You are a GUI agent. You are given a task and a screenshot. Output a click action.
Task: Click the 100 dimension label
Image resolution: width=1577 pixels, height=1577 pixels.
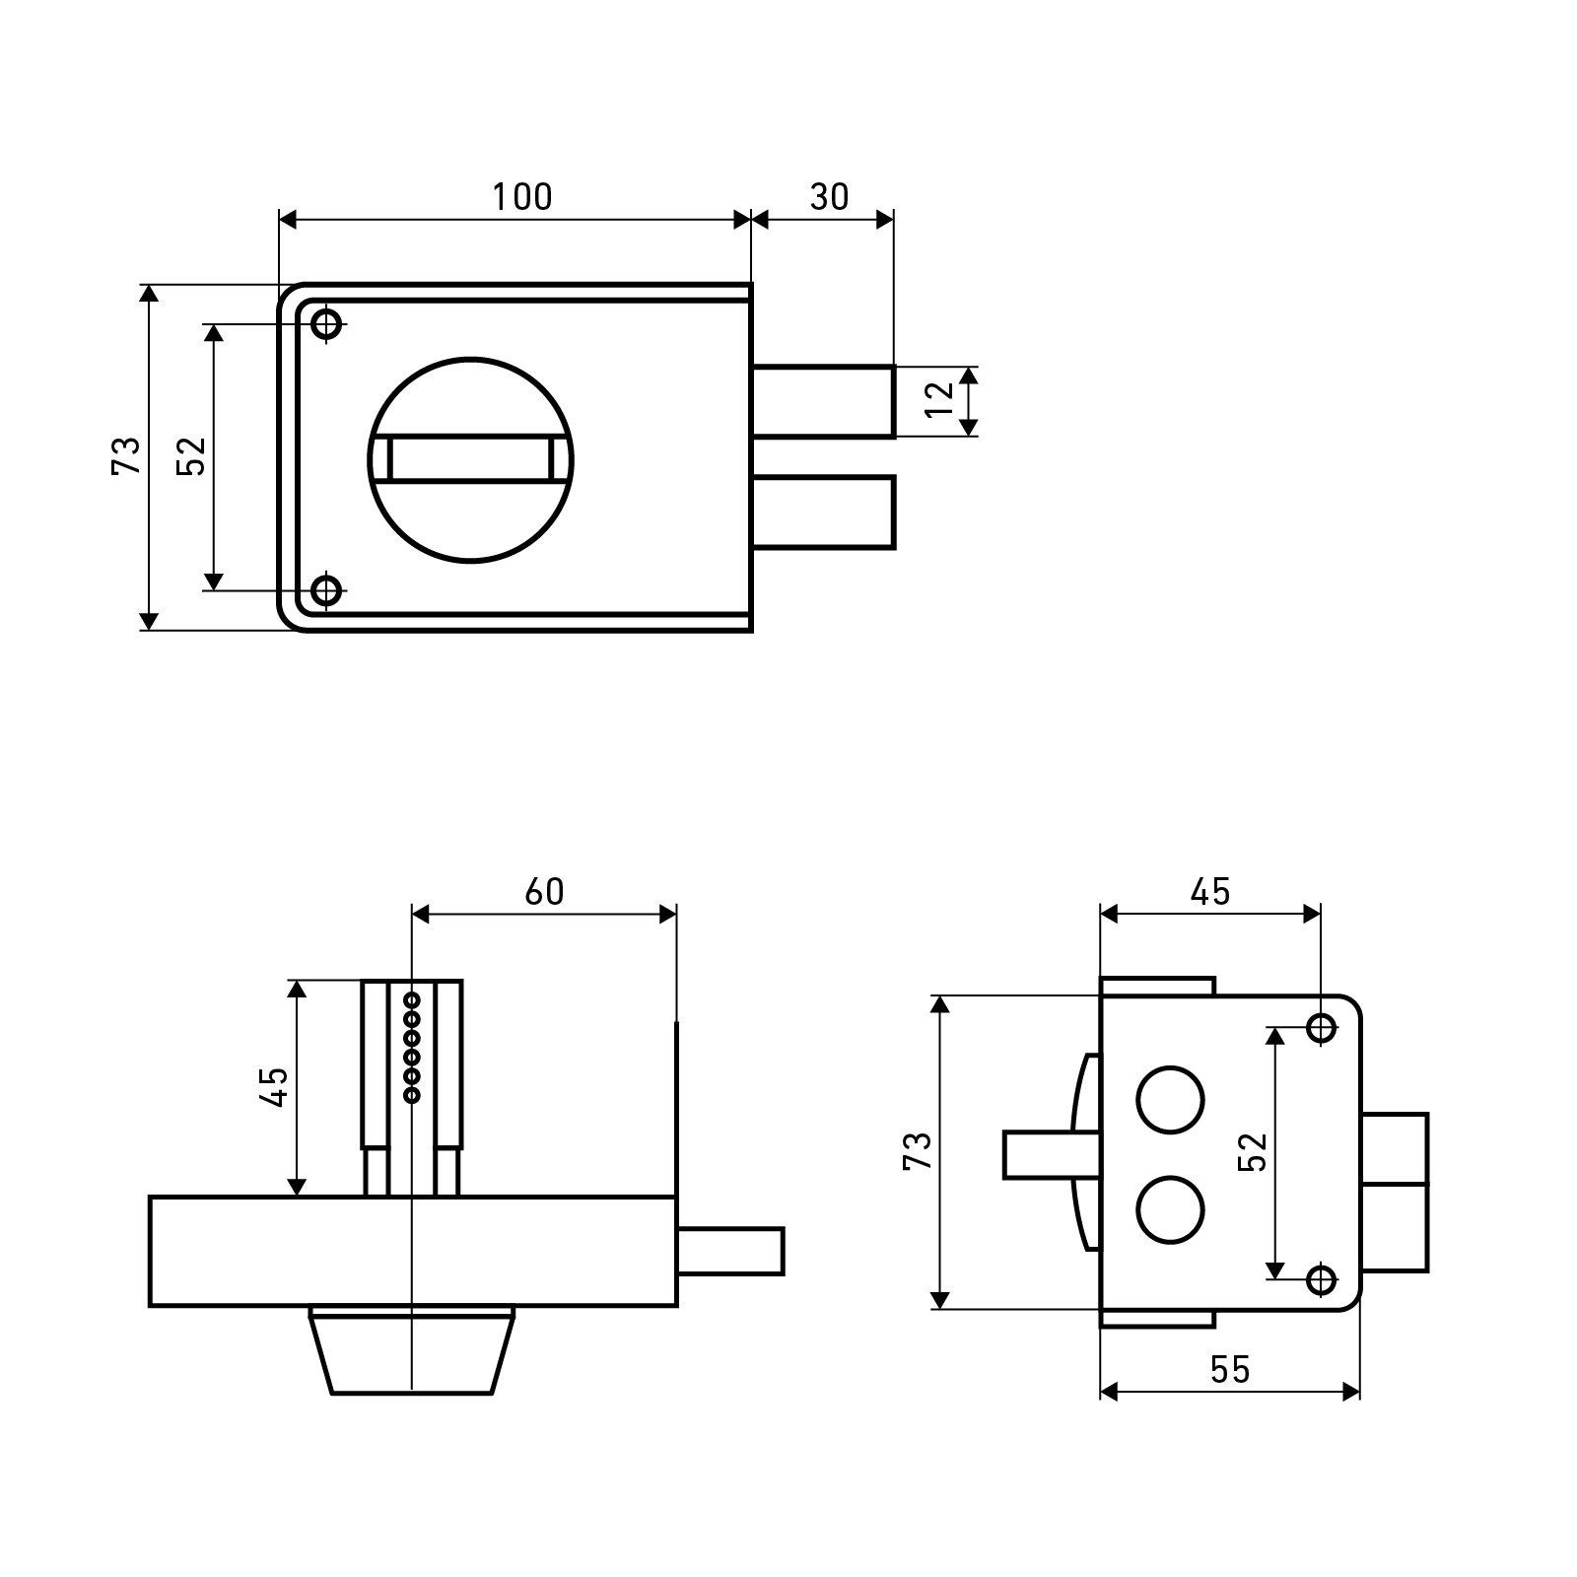pos(522,197)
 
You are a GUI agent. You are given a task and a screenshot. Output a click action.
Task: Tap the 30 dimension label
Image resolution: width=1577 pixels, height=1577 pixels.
pos(829,197)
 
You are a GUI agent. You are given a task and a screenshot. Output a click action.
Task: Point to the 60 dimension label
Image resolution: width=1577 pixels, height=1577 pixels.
pos(544,891)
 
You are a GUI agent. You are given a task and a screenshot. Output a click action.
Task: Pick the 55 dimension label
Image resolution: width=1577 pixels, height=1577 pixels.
pos(1230,1369)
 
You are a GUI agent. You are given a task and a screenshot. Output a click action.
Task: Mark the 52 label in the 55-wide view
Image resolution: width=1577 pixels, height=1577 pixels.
pos(1251,1152)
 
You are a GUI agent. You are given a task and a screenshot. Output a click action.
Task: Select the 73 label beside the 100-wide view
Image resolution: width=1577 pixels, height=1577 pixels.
pos(126,455)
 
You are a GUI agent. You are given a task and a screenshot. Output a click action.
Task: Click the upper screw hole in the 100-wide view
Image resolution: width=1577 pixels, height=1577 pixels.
pos(326,323)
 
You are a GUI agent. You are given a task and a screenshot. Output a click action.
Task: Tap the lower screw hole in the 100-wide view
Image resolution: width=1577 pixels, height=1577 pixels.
pos(326,591)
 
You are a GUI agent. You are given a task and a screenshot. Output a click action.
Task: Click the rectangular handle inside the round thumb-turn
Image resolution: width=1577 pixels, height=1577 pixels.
pos(471,460)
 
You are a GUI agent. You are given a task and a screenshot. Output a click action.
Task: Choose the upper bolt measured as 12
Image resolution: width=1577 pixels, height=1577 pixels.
pos(824,401)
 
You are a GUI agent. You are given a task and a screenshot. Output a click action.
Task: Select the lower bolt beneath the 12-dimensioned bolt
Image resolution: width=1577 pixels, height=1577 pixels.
pos(824,512)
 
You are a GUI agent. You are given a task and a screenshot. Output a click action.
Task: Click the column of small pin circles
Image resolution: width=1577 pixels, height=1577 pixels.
pos(412,1047)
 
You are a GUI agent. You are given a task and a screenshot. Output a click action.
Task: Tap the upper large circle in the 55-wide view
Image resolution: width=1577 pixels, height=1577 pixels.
pos(1170,1099)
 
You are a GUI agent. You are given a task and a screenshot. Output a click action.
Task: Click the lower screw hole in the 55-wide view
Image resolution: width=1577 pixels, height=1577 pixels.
pos(1321,1279)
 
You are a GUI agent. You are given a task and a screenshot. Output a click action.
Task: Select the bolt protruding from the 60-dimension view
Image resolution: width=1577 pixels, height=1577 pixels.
pos(730,1251)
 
